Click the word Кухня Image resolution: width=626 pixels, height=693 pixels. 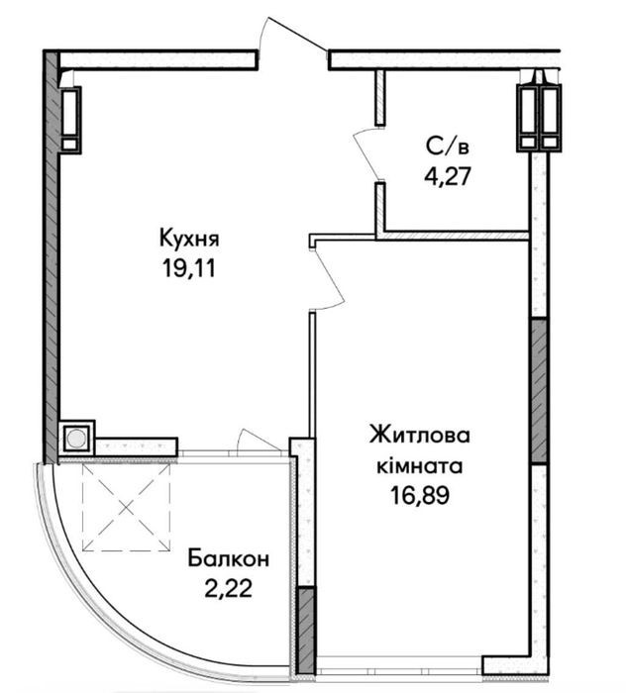click(189, 240)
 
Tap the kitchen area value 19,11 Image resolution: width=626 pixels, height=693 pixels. click(189, 268)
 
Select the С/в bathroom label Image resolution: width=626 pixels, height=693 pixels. click(447, 147)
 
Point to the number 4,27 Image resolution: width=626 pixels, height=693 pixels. click(447, 176)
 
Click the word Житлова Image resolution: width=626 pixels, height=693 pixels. click(420, 436)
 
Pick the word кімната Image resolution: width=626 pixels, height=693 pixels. click(420, 466)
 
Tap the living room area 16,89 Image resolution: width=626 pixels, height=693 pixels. click(420, 495)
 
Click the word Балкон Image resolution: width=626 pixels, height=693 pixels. click(228, 558)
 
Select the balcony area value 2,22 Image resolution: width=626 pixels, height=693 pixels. click(228, 588)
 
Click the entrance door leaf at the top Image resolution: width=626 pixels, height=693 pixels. click(297, 33)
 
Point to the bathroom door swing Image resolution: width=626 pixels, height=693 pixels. click(366, 153)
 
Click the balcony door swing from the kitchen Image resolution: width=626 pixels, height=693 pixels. click(261, 440)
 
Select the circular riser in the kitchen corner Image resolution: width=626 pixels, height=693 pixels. click(76, 438)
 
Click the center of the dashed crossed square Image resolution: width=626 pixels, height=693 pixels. click(127, 507)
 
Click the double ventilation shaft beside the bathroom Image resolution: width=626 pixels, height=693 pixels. click(540, 118)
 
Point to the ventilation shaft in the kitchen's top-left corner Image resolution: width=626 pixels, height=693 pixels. click(70, 120)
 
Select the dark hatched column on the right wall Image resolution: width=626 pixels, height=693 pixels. click(539, 390)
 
